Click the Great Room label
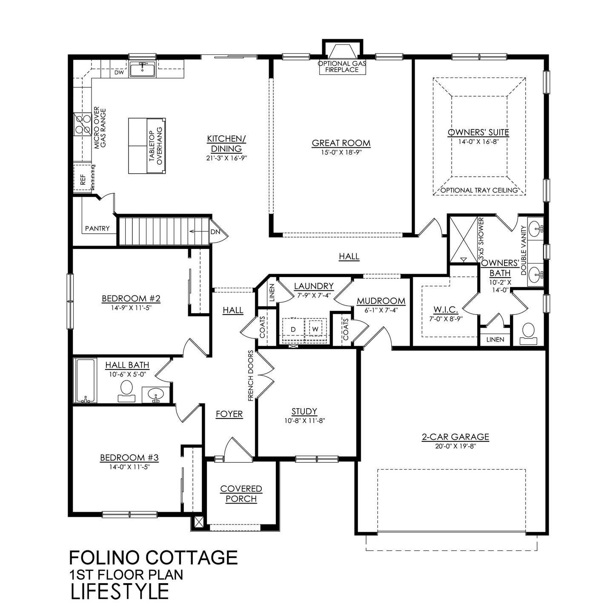pos(341,143)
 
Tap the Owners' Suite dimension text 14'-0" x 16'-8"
pos(478,142)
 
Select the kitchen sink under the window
pos(143,70)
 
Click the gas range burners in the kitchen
pos(82,124)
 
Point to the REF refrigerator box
pos(83,178)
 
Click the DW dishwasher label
pos(119,72)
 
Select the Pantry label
pos(97,229)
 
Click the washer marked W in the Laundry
pos(315,329)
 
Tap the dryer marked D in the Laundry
pos(293,329)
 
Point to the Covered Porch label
pos(241,494)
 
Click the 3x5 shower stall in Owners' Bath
pos(464,239)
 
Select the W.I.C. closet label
pos(445,309)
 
